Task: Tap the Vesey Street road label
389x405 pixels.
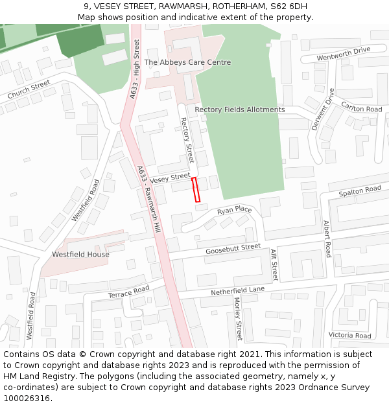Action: (x=170, y=177)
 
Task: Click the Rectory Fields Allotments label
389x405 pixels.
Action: (x=240, y=110)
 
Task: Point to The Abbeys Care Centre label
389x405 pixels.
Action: (x=187, y=62)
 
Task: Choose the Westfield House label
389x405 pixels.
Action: (x=81, y=255)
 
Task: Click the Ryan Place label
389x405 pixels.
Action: (x=234, y=211)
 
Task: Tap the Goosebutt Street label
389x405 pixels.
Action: (x=233, y=249)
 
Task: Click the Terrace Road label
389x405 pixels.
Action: (x=128, y=292)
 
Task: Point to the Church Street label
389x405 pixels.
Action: (x=29, y=90)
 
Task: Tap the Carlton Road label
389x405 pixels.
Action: (x=362, y=109)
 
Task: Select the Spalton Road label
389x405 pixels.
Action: (x=360, y=192)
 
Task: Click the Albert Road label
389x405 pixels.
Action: (x=327, y=238)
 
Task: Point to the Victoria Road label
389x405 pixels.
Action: (x=349, y=335)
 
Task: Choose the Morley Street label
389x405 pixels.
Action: (x=237, y=318)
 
